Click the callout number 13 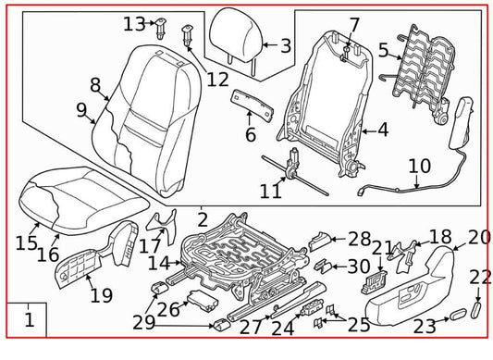click(135, 22)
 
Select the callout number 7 click(354, 24)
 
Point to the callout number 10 click(419, 167)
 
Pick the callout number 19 click(101, 296)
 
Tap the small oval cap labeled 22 click(478, 308)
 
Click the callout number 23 click(425, 325)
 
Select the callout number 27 click(251, 326)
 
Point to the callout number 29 click(144, 321)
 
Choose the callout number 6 click(250, 135)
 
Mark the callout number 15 click(27, 243)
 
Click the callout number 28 click(359, 238)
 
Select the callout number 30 click(358, 266)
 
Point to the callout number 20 click(478, 237)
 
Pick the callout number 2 click(203, 219)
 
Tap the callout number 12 click(217, 79)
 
